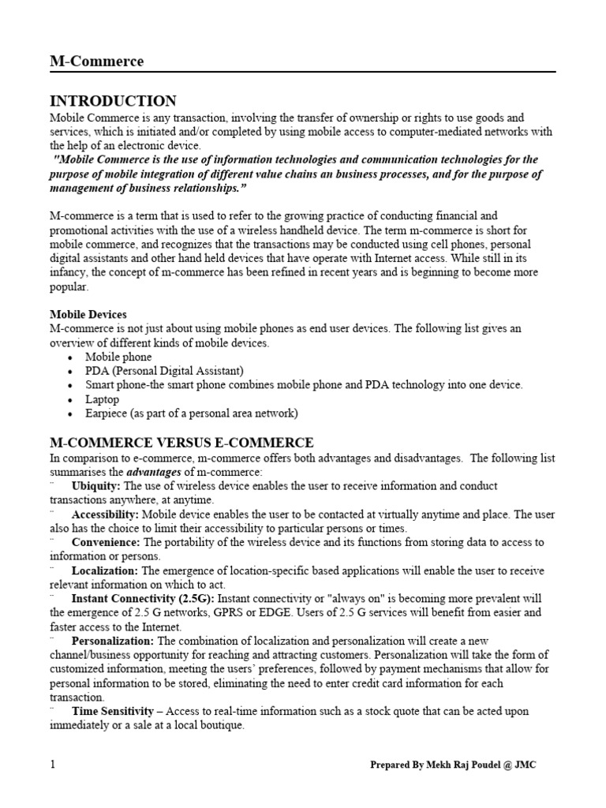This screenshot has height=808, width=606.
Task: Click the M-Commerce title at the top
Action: click(96, 62)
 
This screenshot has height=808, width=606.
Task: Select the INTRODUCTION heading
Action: click(113, 101)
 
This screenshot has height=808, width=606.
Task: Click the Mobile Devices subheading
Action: click(88, 314)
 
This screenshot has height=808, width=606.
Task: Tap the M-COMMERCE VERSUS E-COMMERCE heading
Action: click(181, 443)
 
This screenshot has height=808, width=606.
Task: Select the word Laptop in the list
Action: click(103, 399)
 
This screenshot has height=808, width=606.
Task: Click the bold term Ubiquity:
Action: click(96, 486)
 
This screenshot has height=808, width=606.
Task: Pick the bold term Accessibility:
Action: click(105, 514)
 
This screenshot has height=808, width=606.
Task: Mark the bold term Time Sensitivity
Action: click(112, 712)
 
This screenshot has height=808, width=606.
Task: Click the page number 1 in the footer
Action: click(52, 765)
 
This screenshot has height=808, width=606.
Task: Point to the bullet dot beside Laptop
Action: click(70, 400)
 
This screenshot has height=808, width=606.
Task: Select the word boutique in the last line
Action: click(223, 726)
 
